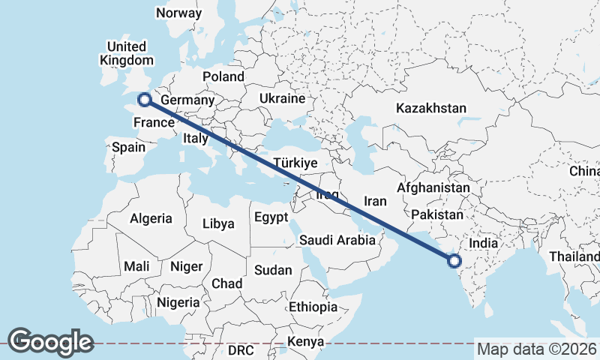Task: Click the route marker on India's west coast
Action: coord(454,261)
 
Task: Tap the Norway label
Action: coord(178,13)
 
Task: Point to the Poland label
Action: coord(223,76)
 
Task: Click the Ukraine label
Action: coord(282,98)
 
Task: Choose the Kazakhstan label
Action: coord(431,108)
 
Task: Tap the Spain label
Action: coord(128,147)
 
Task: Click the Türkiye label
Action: coord(296,163)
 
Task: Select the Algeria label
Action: coord(151,219)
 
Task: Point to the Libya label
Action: coord(219,223)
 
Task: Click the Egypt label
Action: coord(271,217)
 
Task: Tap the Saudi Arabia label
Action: coord(337,241)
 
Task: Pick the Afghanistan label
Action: coord(434,187)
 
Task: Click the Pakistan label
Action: coord(437,214)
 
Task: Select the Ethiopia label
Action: coord(313,307)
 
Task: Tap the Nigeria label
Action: coord(178,303)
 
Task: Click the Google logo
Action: coord(50,342)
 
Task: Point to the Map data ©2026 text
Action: coord(537,349)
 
